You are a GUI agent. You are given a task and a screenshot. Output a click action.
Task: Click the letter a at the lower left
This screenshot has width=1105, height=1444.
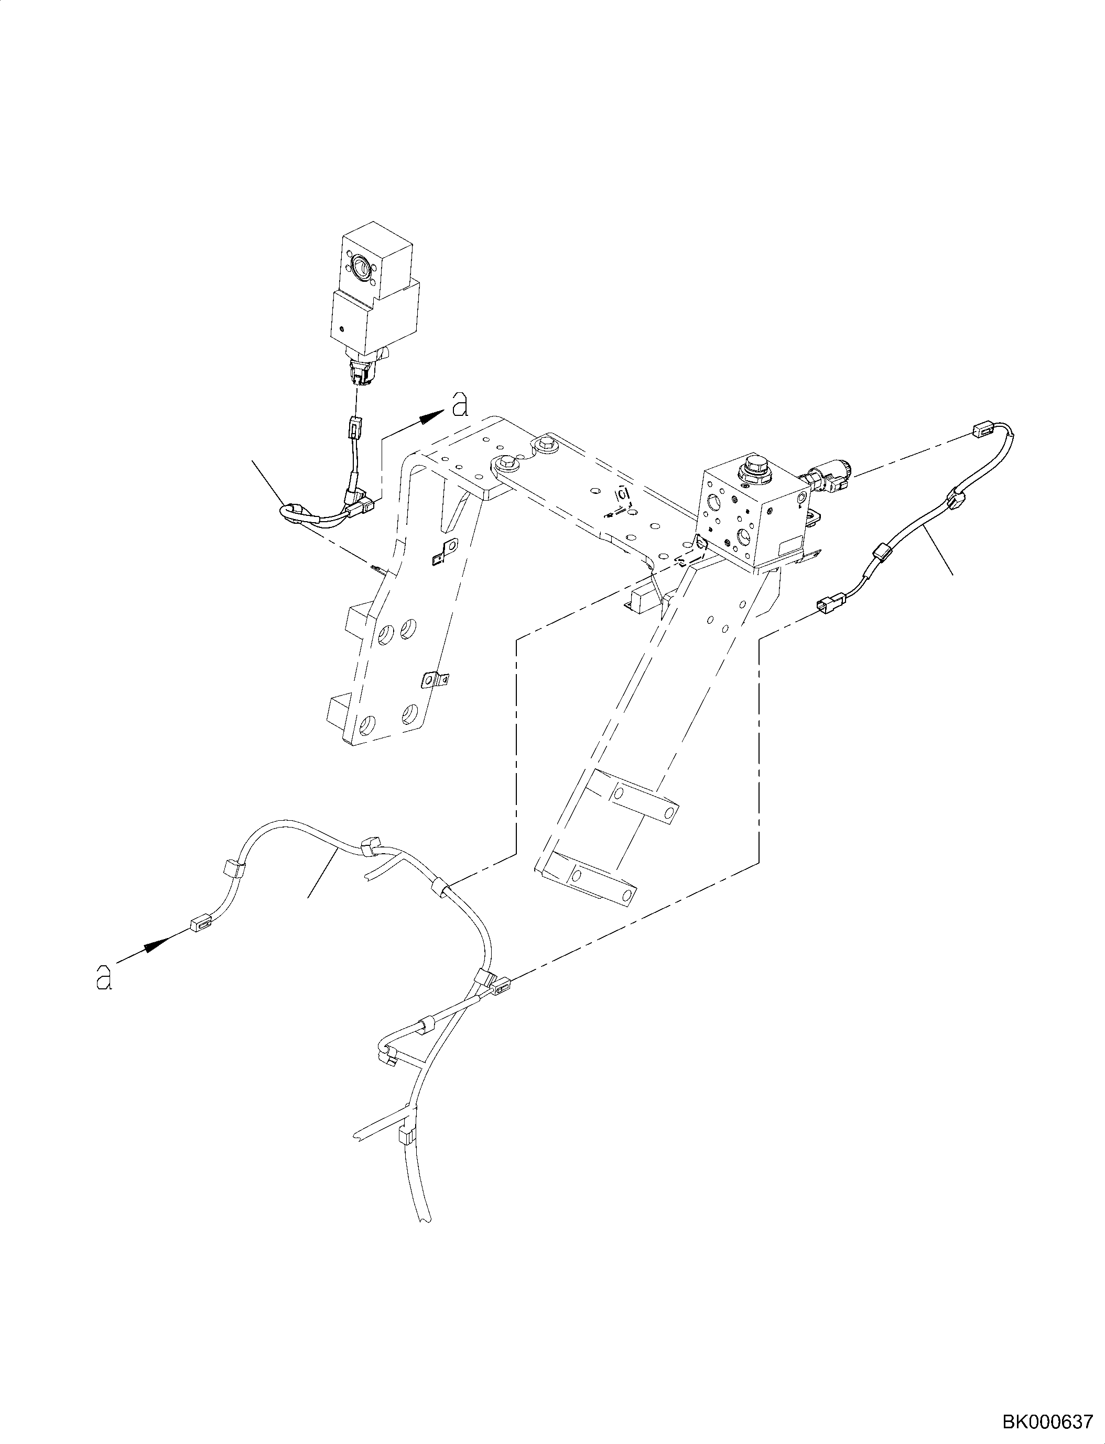coord(103,995)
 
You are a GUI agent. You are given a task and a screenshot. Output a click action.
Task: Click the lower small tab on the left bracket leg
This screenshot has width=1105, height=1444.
coord(434,680)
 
